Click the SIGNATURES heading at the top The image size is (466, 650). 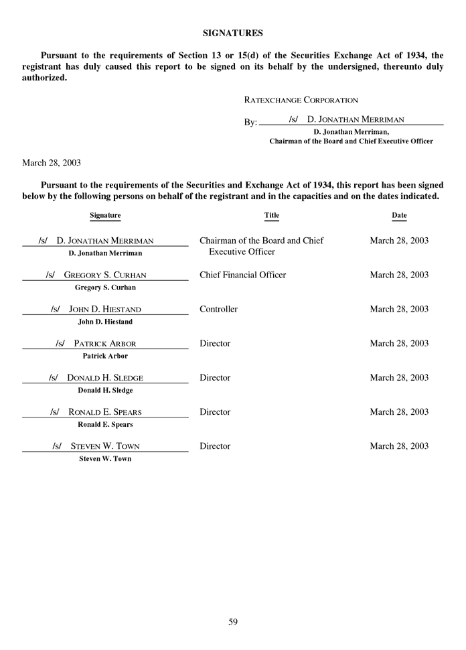pos(232,32)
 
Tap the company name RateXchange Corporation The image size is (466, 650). pos(301,100)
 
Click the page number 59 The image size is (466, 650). pos(233,621)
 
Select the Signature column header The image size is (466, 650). pos(105,215)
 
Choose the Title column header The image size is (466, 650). pos(272,215)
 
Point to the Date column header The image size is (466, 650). pos(399,215)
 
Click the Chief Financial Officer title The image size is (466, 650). pos(242,275)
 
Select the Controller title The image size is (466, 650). pos(218,309)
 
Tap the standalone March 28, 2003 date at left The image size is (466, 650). pos(52,162)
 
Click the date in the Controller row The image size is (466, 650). pos(399,309)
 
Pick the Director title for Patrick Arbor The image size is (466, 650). pos(215,343)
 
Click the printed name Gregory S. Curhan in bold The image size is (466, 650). pos(105,287)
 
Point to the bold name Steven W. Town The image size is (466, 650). pos(105,458)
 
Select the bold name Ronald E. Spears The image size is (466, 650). pos(105,424)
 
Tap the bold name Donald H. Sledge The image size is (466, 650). pos(105,390)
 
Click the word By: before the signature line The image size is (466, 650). pos(250,123)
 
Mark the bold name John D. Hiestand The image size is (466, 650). pos(105,322)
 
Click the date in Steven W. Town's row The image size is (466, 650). pos(399,446)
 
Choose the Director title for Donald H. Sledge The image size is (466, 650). pos(215,377)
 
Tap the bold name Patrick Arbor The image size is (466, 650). pos(105,356)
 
